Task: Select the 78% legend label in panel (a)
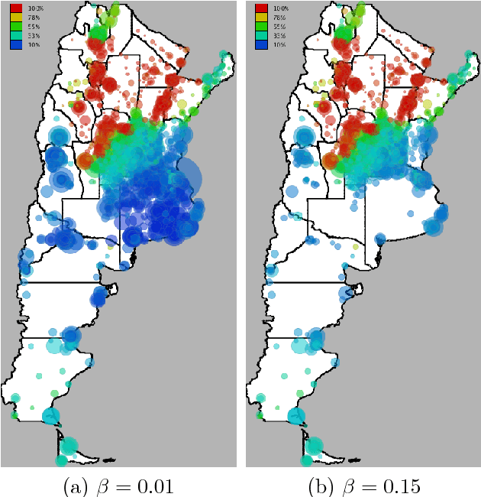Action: pyautogui.click(x=31, y=17)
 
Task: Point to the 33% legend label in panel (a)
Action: pyautogui.click(x=31, y=35)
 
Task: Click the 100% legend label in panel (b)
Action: pyautogui.click(x=276, y=8)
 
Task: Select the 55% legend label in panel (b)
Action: pyautogui.click(x=276, y=26)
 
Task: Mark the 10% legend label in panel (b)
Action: pyautogui.click(x=276, y=44)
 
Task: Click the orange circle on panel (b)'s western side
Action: pyautogui.click(x=331, y=161)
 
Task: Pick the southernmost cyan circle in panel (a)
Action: pyautogui.click(x=61, y=460)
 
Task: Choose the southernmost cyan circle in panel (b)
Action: pyautogui.click(x=306, y=460)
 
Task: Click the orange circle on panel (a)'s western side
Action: pyautogui.click(x=86, y=161)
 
